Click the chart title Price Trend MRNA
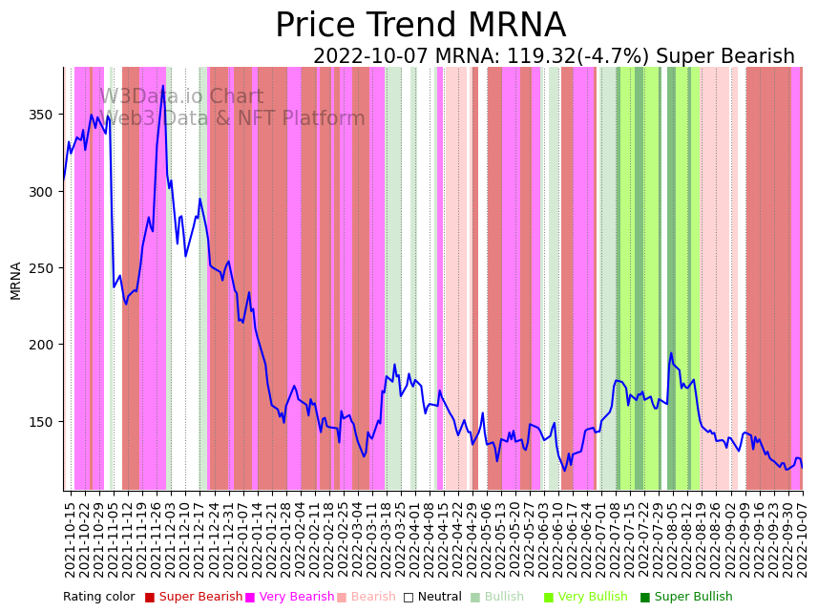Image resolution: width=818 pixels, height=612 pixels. click(420, 26)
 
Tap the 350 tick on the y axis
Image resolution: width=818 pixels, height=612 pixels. click(43, 115)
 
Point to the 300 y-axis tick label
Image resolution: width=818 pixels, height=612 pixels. click(43, 191)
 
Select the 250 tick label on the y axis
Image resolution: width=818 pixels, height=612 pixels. click(43, 268)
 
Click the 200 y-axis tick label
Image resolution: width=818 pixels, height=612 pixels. click(43, 345)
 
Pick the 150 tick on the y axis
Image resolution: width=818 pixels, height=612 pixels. click(43, 421)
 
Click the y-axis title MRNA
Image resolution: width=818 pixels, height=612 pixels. click(15, 281)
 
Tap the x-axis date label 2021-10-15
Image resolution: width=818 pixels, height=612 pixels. click(70, 539)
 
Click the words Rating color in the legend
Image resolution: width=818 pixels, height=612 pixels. click(99, 598)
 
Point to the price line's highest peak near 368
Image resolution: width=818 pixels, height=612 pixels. click(163, 87)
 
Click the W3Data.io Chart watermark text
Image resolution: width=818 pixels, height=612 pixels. click(181, 96)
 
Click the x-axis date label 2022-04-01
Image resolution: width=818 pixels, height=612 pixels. click(415, 539)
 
